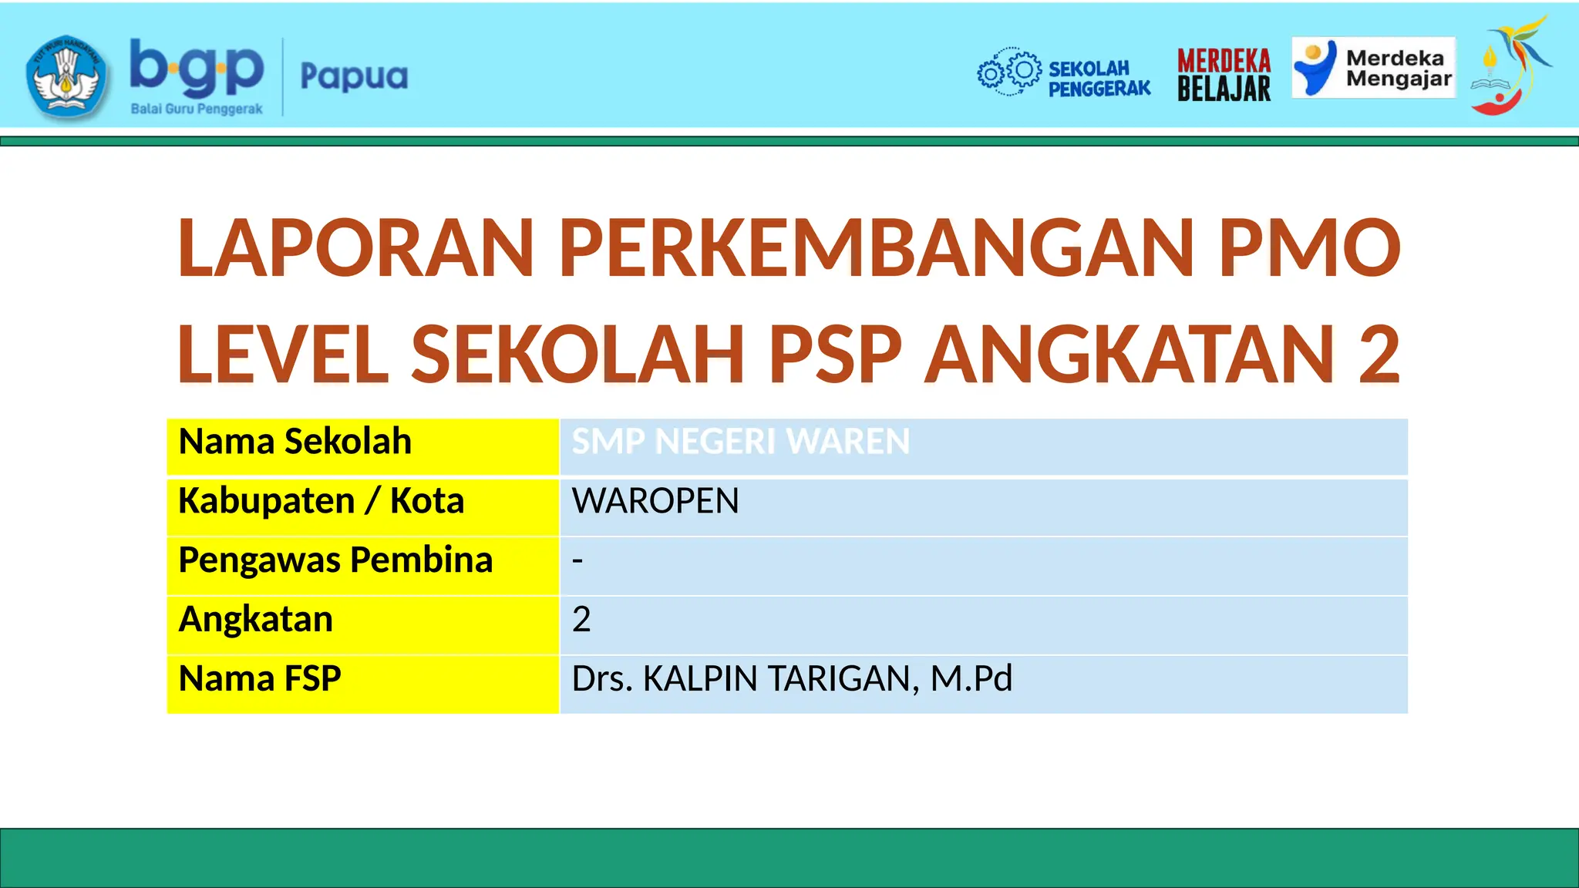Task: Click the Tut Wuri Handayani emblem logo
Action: [66, 77]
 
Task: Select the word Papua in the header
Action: [354, 77]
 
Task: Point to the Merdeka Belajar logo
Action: [1224, 75]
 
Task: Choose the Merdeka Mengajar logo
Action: [1373, 69]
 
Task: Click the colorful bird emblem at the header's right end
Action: [1509, 66]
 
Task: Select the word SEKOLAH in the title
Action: [577, 355]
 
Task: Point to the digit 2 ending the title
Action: [1379, 355]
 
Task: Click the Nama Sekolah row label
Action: [295, 442]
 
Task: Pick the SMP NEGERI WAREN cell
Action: [740, 442]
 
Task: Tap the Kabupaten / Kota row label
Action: [321, 501]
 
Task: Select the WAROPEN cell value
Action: [655, 501]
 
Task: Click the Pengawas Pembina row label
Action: [335, 560]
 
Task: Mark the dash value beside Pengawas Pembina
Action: [577, 560]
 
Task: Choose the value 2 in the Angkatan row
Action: [581, 620]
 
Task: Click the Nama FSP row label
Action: [259, 679]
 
